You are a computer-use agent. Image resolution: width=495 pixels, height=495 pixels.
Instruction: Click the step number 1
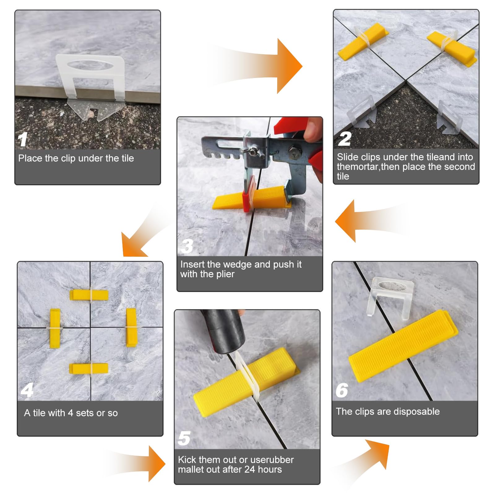click(x=23, y=139)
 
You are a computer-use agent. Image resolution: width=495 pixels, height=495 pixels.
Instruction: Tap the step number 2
click(x=345, y=139)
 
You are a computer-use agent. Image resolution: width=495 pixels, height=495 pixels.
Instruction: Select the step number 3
click(x=187, y=246)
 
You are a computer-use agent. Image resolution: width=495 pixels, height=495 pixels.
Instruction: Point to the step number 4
click(x=27, y=390)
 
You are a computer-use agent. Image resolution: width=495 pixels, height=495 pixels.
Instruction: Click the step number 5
click(x=184, y=438)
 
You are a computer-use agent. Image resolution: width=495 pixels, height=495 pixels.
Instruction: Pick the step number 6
click(x=342, y=390)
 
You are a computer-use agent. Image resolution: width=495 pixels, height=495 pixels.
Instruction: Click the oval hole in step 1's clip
click(x=90, y=66)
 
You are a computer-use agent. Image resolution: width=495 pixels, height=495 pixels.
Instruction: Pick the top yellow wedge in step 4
click(x=89, y=295)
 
